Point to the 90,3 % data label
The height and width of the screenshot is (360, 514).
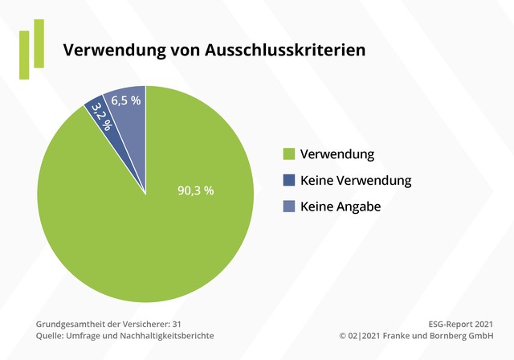[195, 190]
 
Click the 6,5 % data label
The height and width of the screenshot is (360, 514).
[126, 100]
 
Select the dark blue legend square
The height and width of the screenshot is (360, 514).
[289, 181]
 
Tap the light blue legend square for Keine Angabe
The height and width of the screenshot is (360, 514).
[289, 207]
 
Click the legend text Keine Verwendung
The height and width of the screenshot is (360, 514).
[356, 181]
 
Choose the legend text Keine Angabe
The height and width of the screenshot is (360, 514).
[341, 207]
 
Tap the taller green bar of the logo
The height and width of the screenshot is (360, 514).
[39, 43]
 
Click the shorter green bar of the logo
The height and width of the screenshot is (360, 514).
[24, 55]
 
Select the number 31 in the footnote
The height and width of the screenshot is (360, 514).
[177, 323]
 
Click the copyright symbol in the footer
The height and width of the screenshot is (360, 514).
[342, 335]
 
